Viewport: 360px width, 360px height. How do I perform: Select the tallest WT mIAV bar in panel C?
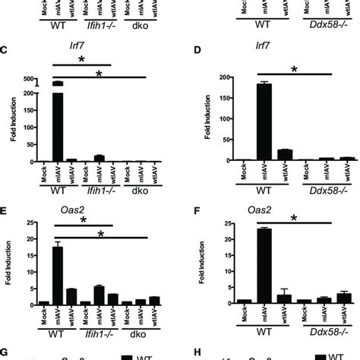57,122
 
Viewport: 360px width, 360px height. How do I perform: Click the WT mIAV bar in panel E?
57,274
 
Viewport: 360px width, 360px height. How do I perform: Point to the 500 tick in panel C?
30,79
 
